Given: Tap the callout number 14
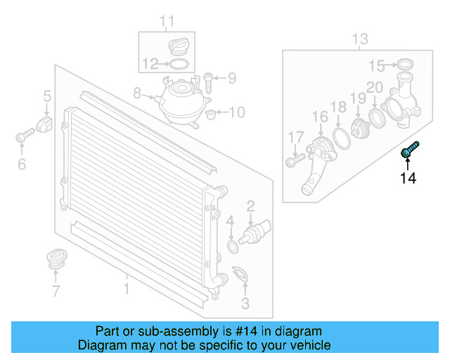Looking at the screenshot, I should click(408, 179).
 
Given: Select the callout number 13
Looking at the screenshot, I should click(359, 39).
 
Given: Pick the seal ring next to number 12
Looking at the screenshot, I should click(180, 65).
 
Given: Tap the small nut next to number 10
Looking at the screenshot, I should click(214, 112).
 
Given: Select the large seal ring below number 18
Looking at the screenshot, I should click(342, 139).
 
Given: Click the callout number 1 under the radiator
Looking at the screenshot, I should click(127, 288).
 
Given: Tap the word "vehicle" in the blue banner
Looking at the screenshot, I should click(310, 345).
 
